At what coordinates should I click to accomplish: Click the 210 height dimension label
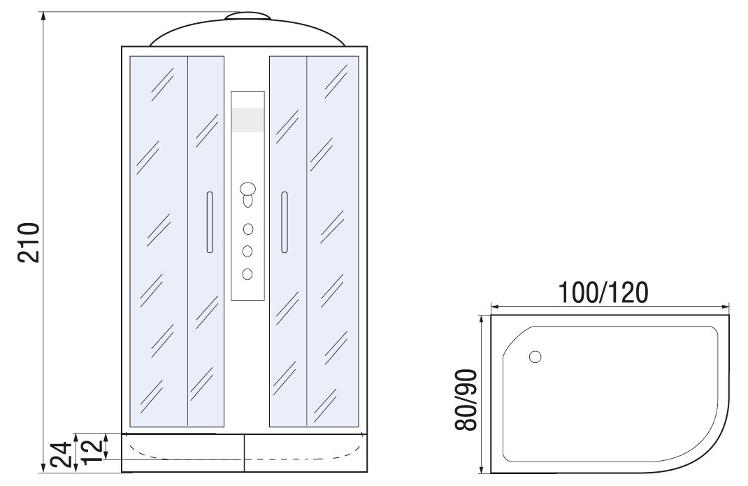click(x=29, y=242)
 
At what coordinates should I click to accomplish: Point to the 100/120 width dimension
click(x=603, y=292)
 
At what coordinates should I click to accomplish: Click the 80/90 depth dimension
click(x=466, y=400)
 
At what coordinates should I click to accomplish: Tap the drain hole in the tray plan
click(x=535, y=357)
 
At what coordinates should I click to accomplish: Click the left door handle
click(x=210, y=222)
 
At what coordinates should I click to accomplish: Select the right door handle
click(x=285, y=222)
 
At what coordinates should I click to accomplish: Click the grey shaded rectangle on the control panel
click(x=247, y=120)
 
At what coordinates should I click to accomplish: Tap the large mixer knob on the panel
click(x=248, y=189)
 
